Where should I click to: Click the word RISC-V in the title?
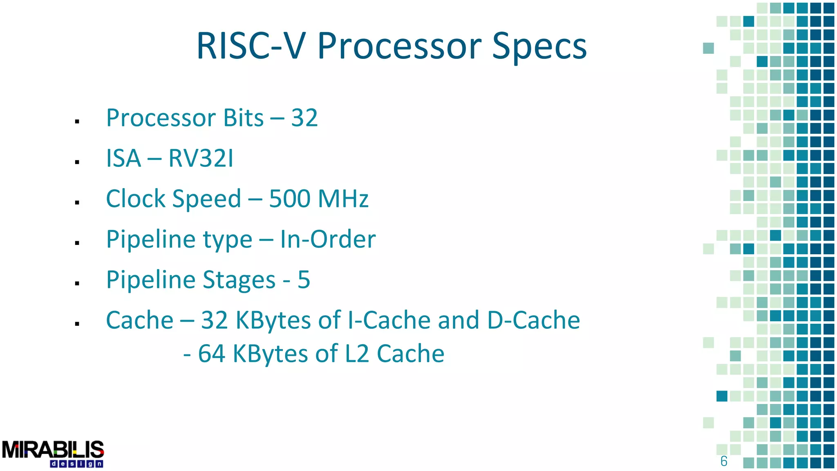coord(250,46)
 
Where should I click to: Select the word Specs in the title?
coord(539,47)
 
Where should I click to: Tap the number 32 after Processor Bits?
coord(304,118)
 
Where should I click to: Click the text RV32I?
coord(201,158)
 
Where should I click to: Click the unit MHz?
coord(343,199)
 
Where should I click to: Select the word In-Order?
coord(328,239)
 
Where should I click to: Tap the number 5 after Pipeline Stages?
coord(304,280)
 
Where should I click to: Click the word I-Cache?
coord(389,320)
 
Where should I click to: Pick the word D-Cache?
coord(533,320)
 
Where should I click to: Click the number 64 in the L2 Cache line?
coord(211,354)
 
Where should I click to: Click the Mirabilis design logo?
coord(53,453)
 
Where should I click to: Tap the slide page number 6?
coord(724,461)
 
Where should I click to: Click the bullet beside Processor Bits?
coord(77,121)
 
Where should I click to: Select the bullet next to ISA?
coord(77,162)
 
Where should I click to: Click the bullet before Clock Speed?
coord(77,202)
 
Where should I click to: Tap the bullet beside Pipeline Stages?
coord(77,283)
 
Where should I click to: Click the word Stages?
coord(239,280)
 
